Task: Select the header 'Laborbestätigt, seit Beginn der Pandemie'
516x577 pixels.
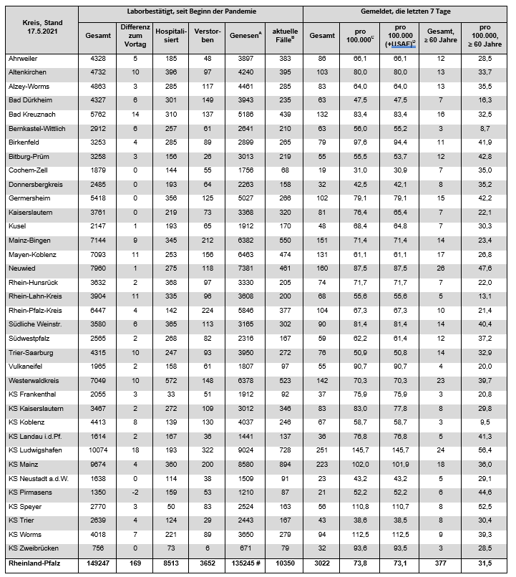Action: click(190, 12)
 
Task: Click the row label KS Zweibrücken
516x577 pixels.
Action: click(34, 548)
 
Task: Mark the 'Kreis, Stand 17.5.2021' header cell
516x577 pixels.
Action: click(39, 27)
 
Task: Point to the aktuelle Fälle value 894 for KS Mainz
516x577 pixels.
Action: click(284, 464)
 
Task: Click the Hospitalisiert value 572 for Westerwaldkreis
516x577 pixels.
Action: click(170, 380)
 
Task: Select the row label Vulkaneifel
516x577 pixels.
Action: click(25, 366)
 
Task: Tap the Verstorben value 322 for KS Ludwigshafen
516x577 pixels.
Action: click(207, 450)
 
